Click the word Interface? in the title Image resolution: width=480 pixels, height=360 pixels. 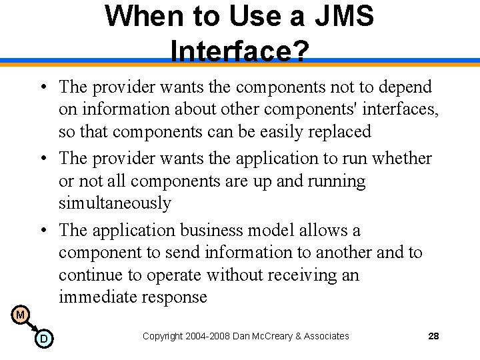click(x=239, y=51)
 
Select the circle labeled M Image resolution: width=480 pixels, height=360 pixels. click(x=20, y=314)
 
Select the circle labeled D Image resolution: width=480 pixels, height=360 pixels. click(x=43, y=339)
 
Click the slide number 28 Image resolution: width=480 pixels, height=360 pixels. click(x=433, y=336)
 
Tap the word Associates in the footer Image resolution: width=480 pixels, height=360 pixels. click(x=326, y=336)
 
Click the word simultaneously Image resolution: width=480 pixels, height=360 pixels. click(x=115, y=203)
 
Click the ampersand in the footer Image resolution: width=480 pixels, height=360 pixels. click(x=297, y=336)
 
